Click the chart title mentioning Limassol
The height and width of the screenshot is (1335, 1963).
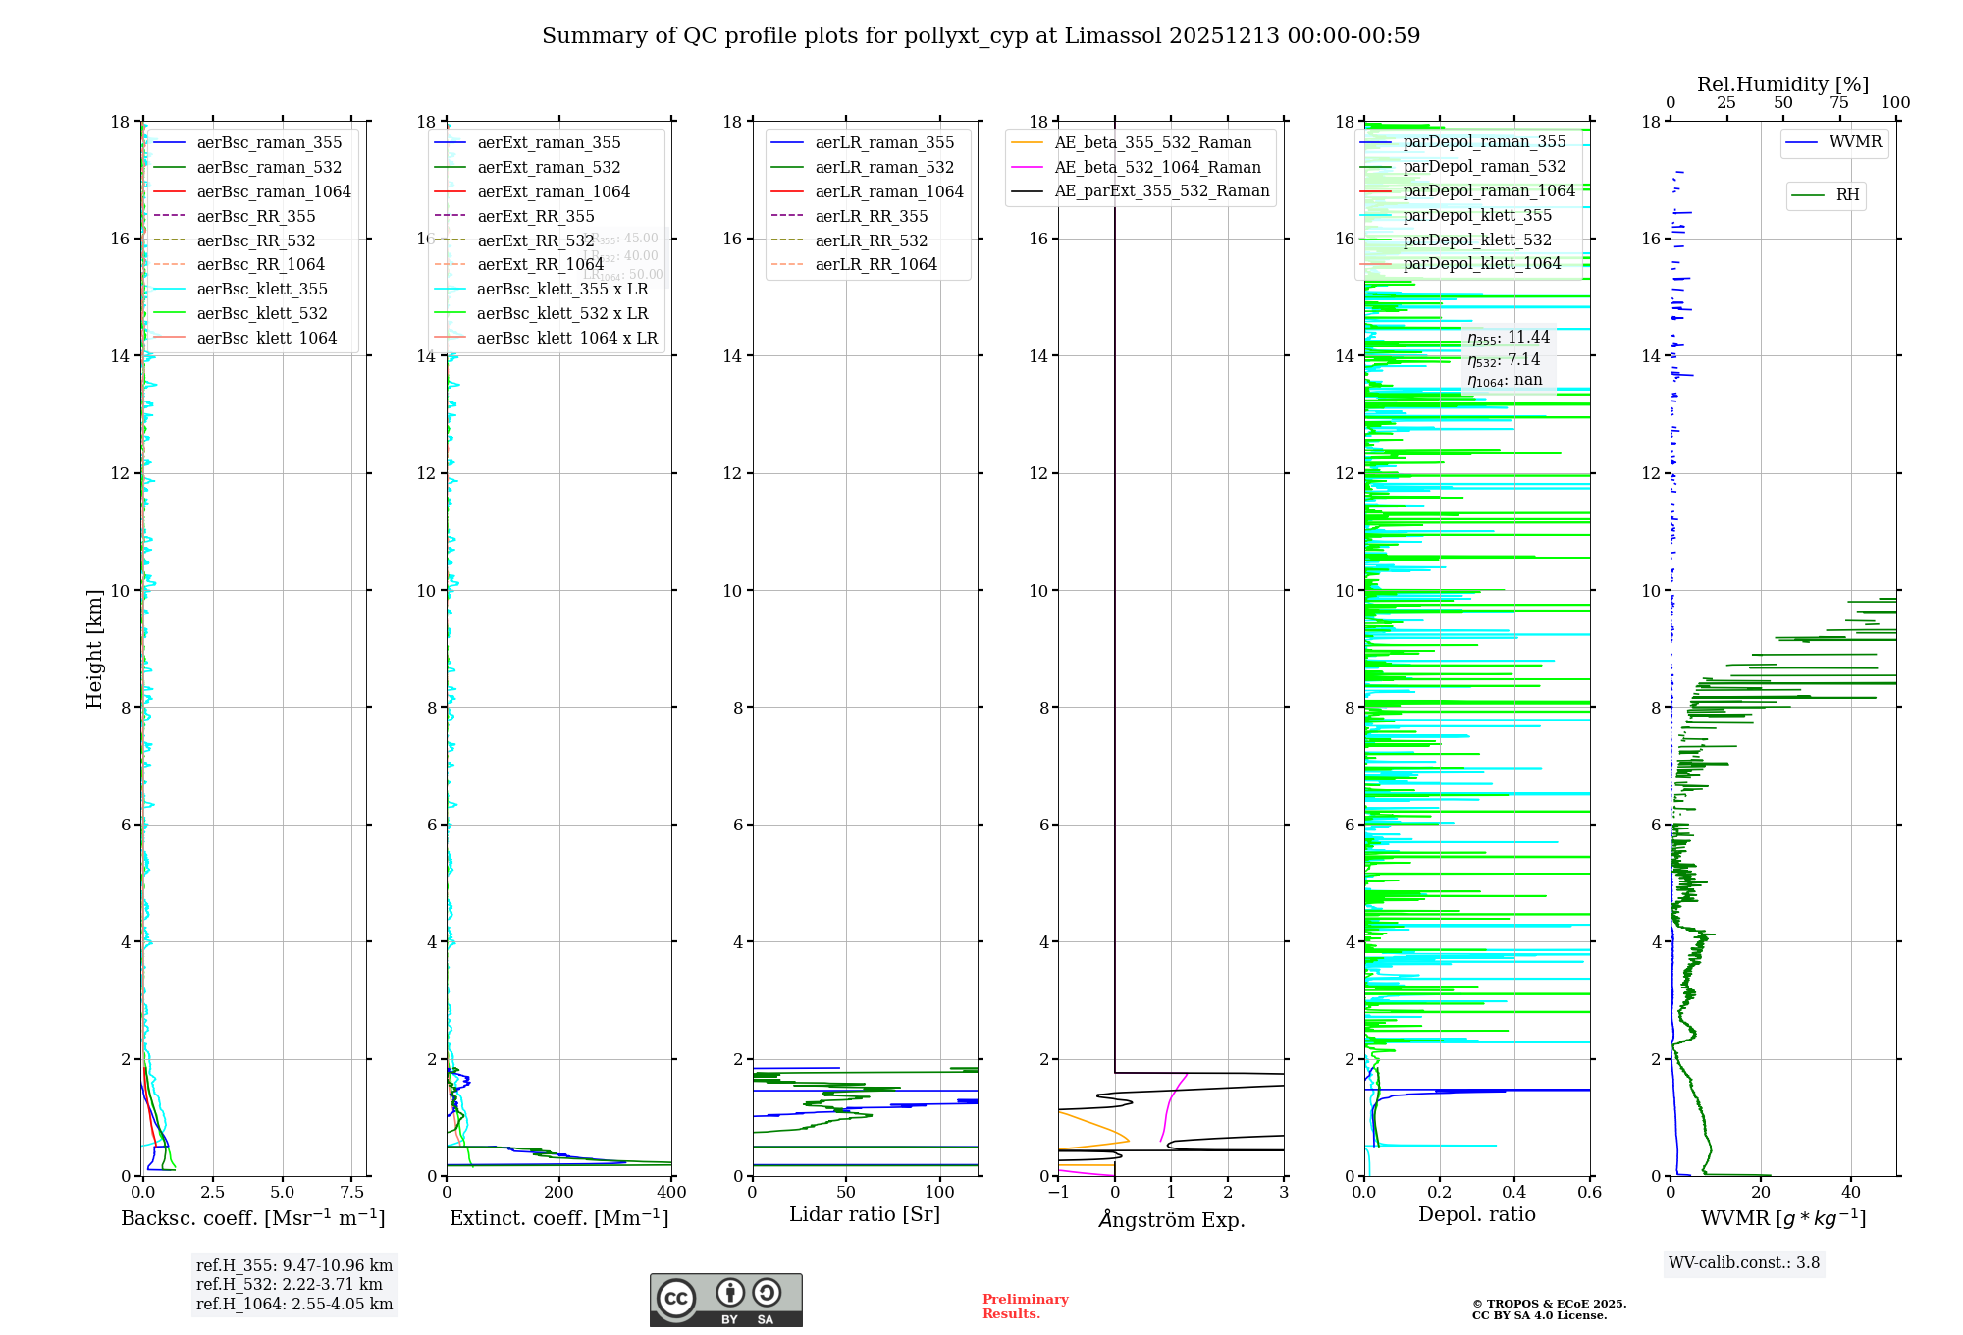click(981, 36)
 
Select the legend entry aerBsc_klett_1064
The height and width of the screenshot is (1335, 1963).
click(266, 338)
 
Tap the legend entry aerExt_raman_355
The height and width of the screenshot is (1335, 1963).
click(549, 143)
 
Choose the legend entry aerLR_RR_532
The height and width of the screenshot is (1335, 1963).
click(871, 240)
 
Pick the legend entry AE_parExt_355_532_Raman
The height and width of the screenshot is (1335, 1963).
click(1161, 191)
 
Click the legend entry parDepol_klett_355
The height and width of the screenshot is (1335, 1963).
click(1477, 216)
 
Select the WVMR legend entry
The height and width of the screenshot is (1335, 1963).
click(1854, 142)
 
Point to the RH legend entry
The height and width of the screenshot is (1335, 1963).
click(1846, 195)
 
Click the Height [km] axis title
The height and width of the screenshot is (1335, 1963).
click(94, 649)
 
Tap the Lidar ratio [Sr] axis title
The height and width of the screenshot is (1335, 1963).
click(864, 1215)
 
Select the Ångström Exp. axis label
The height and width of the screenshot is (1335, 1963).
click(1171, 1220)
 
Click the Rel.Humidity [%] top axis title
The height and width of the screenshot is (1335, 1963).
click(1782, 84)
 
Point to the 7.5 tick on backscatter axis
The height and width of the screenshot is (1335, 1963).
click(351, 1193)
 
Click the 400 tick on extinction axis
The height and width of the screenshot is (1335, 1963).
click(671, 1193)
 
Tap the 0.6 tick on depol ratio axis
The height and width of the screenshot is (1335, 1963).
click(1589, 1193)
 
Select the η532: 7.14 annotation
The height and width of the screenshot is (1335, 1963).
click(1504, 360)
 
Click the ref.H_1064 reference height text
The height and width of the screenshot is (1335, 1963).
click(294, 1305)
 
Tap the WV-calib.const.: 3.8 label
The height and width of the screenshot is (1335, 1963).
click(1744, 1263)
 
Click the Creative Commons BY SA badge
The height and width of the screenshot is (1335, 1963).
click(725, 1301)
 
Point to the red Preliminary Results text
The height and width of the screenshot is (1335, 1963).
click(1025, 1307)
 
